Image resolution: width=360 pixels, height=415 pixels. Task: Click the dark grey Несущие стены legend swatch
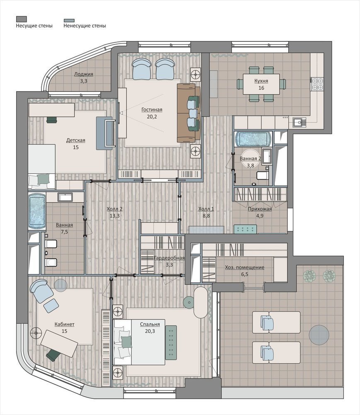[x=21, y=19]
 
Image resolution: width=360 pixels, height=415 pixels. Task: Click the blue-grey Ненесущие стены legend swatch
[x=69, y=20]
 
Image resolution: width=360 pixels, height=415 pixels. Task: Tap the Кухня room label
[x=261, y=81]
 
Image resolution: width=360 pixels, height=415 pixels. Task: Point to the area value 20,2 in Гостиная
[x=152, y=117]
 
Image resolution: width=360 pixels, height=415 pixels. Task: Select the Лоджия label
[x=84, y=74]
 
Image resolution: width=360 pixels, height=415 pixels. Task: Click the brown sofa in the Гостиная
[x=189, y=113]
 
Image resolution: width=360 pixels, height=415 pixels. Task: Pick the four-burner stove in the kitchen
[x=317, y=84]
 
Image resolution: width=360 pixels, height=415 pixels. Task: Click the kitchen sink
[x=299, y=122]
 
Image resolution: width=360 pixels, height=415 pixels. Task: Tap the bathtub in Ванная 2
[x=253, y=139]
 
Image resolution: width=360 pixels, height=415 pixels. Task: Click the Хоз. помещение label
[x=244, y=267]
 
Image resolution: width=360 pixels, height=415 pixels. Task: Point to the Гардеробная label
[x=169, y=258]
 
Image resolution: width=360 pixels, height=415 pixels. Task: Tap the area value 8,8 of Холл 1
[x=206, y=216]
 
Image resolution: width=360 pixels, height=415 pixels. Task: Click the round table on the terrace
[x=319, y=334]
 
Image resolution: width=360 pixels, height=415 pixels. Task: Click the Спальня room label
[x=150, y=324]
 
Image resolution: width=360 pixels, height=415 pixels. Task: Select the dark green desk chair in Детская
[x=52, y=120]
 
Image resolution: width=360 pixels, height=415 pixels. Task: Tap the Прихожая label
[x=260, y=209]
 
